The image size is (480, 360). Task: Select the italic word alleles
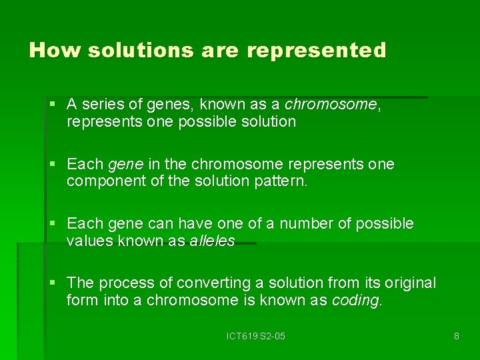[x=211, y=241]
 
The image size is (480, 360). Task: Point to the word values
[x=90, y=241]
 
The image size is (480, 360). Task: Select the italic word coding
[x=356, y=300]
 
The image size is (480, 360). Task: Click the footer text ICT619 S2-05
[x=255, y=336]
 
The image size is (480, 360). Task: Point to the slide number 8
[x=456, y=336]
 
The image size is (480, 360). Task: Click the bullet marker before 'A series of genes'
[x=53, y=105]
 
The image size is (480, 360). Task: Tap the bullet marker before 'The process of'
[x=53, y=283]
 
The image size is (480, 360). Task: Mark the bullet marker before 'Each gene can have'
[x=53, y=223]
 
